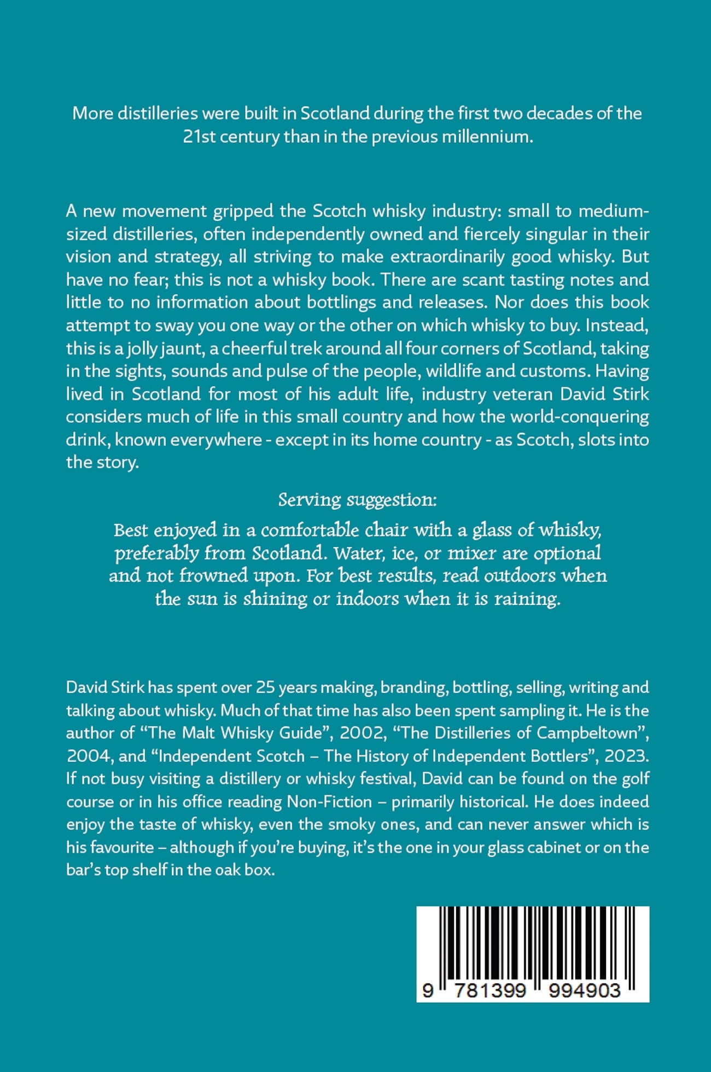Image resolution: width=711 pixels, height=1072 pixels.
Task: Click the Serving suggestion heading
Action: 357,500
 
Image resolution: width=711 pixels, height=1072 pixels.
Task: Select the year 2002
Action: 362,733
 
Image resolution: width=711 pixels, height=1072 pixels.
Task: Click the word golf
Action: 636,778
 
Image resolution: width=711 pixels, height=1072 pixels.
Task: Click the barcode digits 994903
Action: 585,991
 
